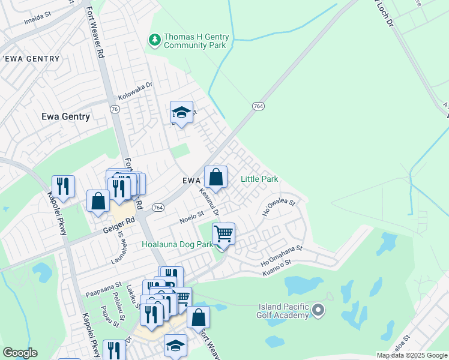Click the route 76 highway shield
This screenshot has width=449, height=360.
point(115,109)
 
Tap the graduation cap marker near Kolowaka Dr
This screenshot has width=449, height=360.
point(181,112)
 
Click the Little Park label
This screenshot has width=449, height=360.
point(259,179)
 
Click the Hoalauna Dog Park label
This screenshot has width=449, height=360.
point(177,245)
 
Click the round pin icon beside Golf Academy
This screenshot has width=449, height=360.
point(318,311)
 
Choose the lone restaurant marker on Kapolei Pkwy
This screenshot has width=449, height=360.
point(63,186)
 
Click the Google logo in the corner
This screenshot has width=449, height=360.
point(19,353)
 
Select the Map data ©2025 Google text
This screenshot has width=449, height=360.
point(412,355)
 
